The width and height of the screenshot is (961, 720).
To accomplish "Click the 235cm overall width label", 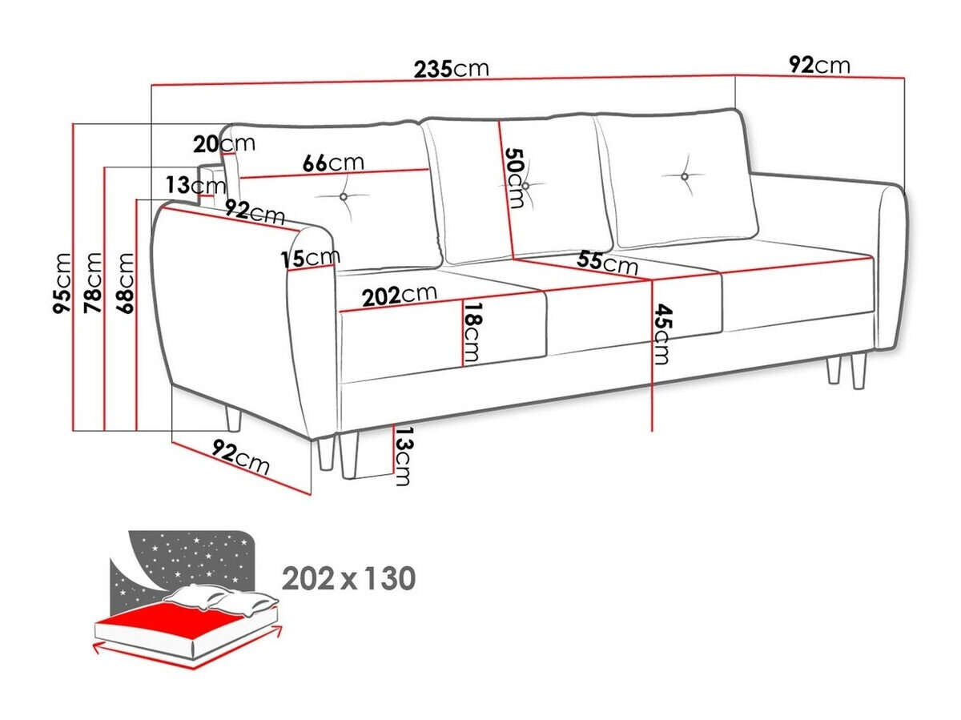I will point(451,68).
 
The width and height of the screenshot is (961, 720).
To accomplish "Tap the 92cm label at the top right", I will point(819,65).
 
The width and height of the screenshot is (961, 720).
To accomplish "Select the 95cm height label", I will point(63,283).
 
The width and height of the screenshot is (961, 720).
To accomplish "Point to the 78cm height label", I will point(94,282).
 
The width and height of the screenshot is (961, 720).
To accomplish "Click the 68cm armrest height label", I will point(126,282).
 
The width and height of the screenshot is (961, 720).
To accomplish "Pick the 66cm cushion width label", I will point(333,163).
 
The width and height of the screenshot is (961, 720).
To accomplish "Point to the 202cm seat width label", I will point(399,295).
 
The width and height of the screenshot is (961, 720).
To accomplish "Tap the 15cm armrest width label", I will point(310,259).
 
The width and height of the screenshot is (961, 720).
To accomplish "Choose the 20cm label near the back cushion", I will point(223,144).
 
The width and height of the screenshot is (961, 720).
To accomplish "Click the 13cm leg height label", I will point(403,457).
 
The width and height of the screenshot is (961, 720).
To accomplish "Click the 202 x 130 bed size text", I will point(348,577).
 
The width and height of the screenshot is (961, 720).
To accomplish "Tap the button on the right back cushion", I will point(686,176).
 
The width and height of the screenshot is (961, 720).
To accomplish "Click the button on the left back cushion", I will point(344,196).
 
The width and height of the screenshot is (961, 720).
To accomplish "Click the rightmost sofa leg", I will point(859,372).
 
